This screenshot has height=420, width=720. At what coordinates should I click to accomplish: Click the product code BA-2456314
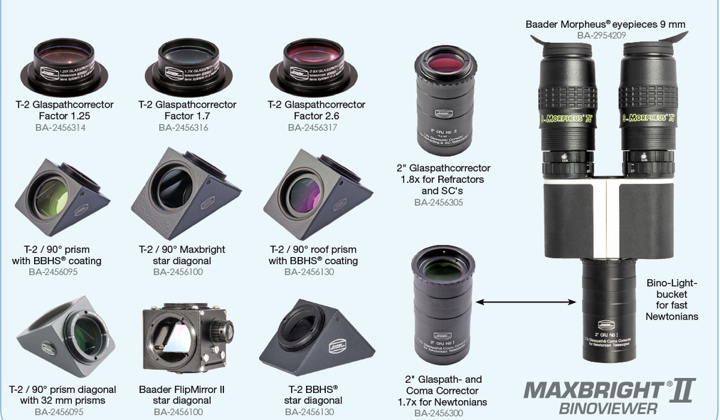pyautogui.click(x=60, y=127)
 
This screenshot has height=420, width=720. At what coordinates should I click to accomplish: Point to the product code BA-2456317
pyautogui.click(x=313, y=127)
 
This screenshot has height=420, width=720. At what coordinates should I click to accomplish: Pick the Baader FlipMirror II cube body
pyautogui.click(x=184, y=338)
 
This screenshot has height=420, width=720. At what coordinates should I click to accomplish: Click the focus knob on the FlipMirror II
pyautogui.click(x=222, y=331)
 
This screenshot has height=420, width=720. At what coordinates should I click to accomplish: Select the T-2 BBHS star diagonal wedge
pyautogui.click(x=317, y=337)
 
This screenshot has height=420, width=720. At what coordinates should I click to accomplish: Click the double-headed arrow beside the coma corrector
pyautogui.click(x=526, y=302)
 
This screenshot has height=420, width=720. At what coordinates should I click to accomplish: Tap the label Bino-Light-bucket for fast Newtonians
pyautogui.click(x=672, y=300)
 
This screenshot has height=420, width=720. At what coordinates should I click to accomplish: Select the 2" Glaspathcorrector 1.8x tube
pyautogui.click(x=445, y=100)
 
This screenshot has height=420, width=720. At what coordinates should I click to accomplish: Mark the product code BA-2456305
pyautogui.click(x=438, y=203)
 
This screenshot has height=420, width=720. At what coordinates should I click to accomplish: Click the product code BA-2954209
pyautogui.click(x=601, y=36)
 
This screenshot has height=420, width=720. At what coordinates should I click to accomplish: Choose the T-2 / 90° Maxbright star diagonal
pyautogui.click(x=186, y=193)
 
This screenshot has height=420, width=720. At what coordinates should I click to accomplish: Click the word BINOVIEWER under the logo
pyautogui.click(x=608, y=408)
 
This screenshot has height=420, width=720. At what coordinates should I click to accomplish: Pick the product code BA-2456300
pyautogui.click(x=438, y=414)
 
